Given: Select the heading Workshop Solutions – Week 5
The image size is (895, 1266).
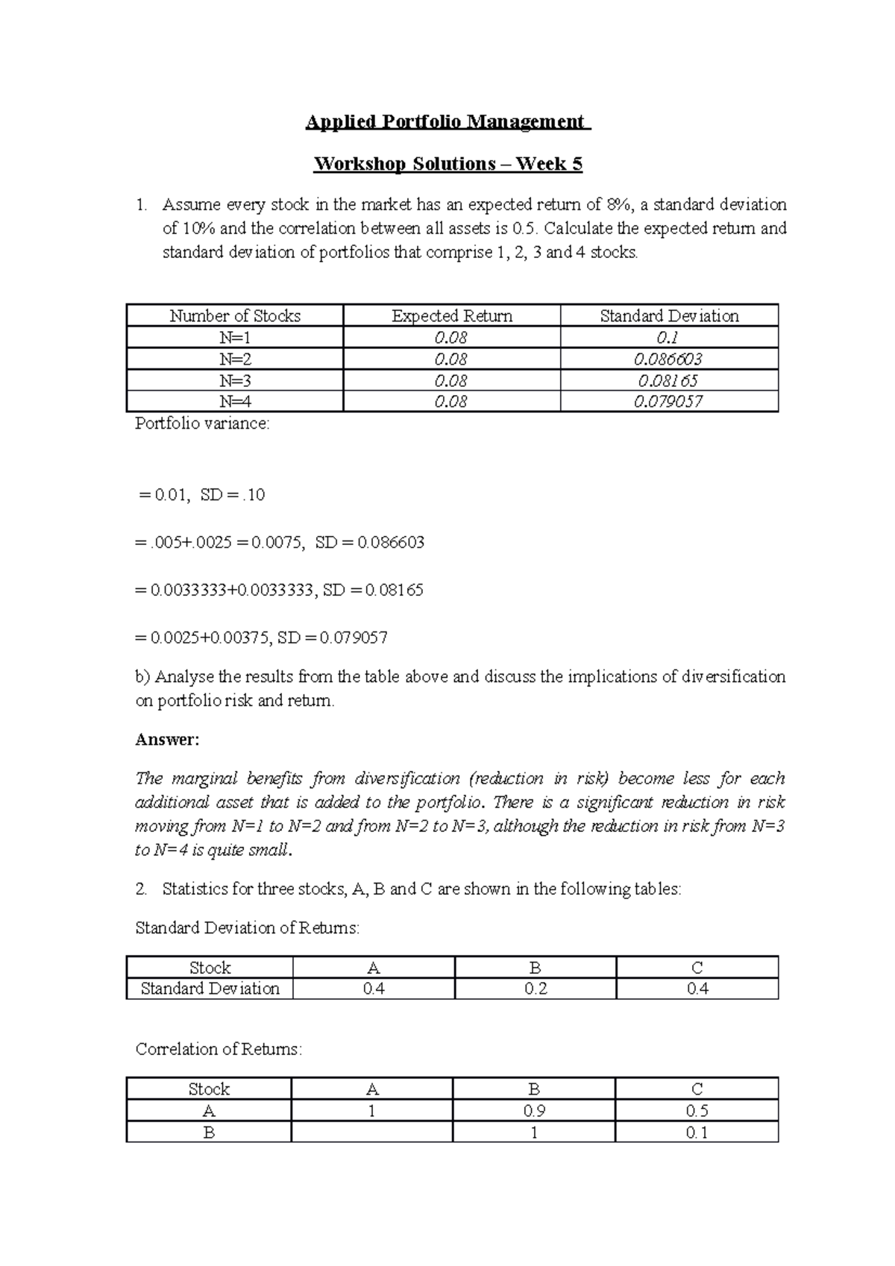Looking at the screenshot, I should [x=447, y=164].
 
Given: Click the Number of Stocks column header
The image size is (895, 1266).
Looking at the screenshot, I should [x=235, y=316].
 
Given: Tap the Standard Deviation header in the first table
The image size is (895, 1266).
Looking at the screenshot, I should [x=669, y=316].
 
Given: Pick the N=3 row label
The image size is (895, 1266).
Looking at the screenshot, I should [x=235, y=380].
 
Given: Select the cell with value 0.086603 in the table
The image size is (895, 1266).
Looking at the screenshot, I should [x=668, y=359].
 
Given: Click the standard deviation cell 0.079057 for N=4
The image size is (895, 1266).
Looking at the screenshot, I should [x=668, y=402].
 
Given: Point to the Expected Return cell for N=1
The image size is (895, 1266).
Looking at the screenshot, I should [x=450, y=338].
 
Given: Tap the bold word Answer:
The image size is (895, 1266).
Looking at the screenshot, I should [x=167, y=740].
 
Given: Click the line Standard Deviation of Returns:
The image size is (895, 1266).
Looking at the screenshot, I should [x=247, y=928].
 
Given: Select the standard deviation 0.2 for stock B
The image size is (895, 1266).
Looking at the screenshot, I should [x=535, y=989].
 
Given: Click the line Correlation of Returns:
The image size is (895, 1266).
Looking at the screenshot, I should [x=219, y=1050].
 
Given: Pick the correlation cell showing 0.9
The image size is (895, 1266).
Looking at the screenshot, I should [x=534, y=1111].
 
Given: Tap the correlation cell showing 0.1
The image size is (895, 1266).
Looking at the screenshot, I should [x=697, y=1133].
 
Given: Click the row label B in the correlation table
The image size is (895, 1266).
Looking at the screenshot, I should [x=209, y=1133].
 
